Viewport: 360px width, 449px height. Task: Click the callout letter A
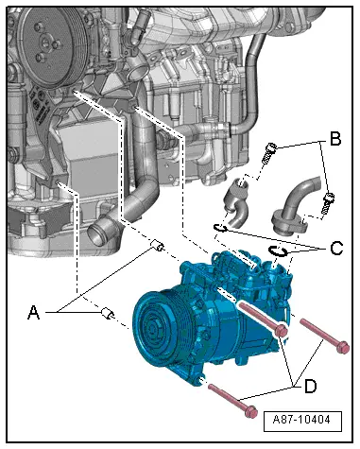[x=34, y=312]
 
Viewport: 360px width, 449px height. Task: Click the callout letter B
[x=335, y=138]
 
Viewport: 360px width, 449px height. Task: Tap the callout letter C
[x=336, y=248]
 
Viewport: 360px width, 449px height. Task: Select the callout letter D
[x=311, y=386]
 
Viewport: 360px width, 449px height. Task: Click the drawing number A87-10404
[x=301, y=420]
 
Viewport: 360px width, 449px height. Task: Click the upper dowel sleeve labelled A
[x=157, y=245]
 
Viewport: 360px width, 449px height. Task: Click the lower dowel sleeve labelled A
[x=108, y=314]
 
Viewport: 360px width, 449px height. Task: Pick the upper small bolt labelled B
[x=269, y=152]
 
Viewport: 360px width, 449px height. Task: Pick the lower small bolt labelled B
[x=327, y=202]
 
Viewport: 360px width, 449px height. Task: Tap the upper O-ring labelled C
[x=220, y=228]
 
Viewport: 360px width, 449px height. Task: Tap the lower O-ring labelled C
[x=277, y=250]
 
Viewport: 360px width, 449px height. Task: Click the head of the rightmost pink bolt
[x=343, y=347]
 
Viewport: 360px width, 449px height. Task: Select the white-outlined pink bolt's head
[x=281, y=331]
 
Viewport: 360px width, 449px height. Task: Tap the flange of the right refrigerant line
[x=286, y=226]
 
